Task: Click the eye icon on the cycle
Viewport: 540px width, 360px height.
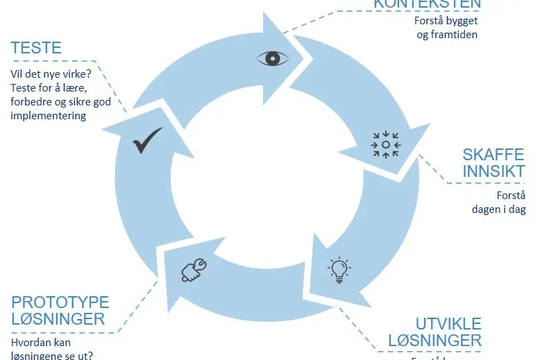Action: (273, 58)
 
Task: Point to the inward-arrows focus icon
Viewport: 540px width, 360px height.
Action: (385, 144)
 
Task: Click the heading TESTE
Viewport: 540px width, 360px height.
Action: (36, 48)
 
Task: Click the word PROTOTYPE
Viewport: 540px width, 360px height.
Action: (60, 302)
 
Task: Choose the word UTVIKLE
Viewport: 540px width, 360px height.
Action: (448, 324)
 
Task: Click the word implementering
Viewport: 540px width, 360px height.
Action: (49, 116)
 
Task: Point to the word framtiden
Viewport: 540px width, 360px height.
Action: (453, 34)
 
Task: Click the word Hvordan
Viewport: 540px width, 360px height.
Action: (31, 342)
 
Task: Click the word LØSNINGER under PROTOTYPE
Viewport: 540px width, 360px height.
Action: (58, 319)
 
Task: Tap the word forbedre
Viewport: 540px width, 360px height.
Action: (31, 101)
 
